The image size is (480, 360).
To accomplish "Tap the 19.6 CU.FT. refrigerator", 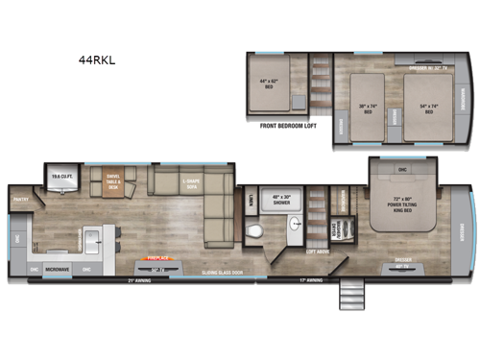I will pos(60,177).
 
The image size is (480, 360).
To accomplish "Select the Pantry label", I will pos(20,201).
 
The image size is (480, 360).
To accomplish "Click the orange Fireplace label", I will pos(158,257).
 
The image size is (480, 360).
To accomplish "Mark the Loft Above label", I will pos(317,252).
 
